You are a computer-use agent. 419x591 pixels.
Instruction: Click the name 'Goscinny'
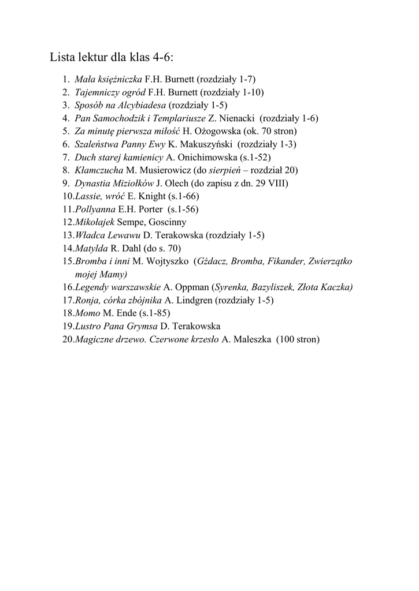pos(167,222)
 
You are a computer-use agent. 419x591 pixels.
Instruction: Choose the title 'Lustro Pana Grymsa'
pos(109,326)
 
